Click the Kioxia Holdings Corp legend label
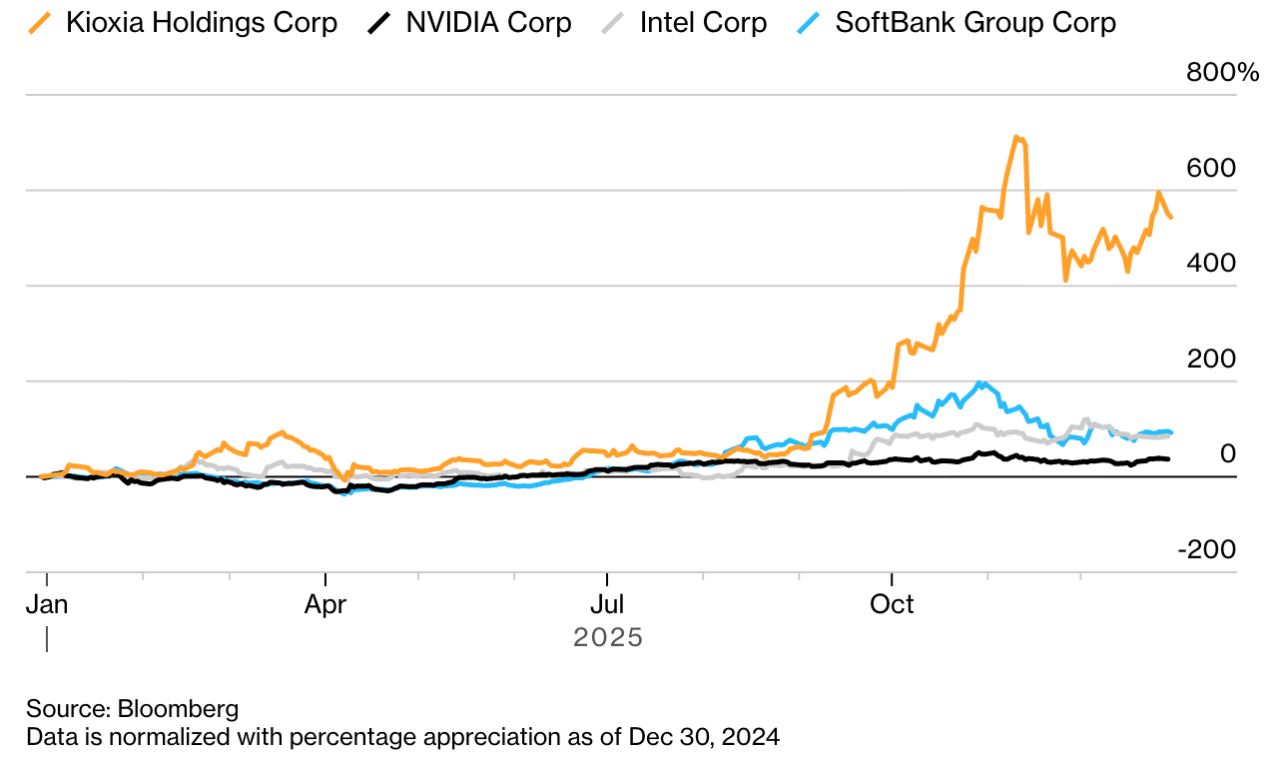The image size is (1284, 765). click(x=202, y=23)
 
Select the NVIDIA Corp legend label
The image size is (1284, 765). click(x=488, y=23)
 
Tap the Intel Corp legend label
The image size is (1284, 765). click(x=703, y=23)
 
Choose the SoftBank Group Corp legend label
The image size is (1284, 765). click(x=975, y=23)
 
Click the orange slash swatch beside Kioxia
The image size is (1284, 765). click(x=41, y=23)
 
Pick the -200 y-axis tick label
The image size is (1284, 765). click(x=1207, y=550)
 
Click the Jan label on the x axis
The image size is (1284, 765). click(x=46, y=605)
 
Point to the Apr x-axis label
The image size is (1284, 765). click(x=325, y=605)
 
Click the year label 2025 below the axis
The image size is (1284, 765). click(x=608, y=637)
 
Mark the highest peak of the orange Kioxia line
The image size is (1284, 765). click(x=1015, y=137)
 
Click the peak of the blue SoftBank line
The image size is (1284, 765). click(x=983, y=382)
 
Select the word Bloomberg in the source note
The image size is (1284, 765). click(x=179, y=709)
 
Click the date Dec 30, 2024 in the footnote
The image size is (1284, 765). click(x=704, y=738)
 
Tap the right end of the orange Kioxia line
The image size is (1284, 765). click(x=1171, y=218)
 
